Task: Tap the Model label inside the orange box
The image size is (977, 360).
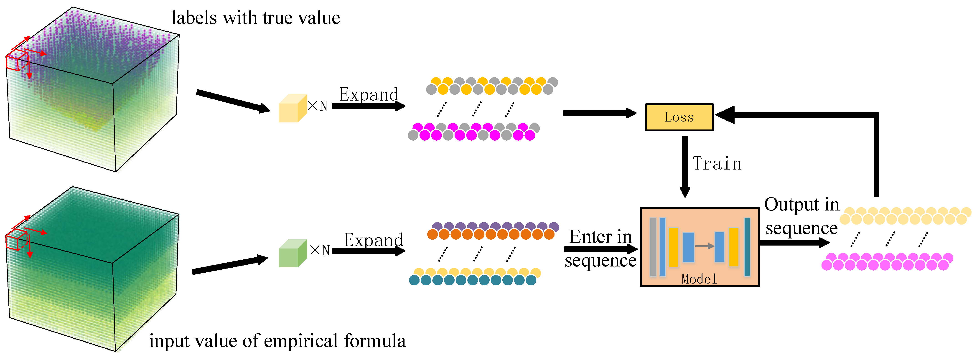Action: (x=699, y=279)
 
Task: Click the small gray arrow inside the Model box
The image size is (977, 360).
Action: (x=704, y=246)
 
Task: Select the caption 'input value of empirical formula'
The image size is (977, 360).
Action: (x=277, y=341)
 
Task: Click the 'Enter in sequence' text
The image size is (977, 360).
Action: (x=600, y=248)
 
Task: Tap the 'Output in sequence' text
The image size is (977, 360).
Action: (x=801, y=216)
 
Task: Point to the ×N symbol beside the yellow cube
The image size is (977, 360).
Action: (x=318, y=106)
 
